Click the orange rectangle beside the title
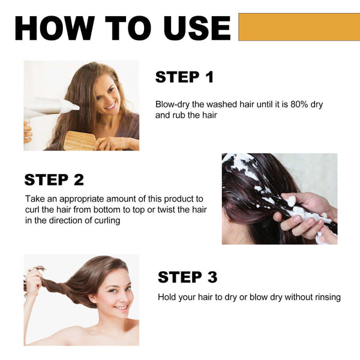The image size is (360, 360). (x=299, y=27)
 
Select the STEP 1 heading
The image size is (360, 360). (x=184, y=77)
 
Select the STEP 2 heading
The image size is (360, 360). (x=54, y=179)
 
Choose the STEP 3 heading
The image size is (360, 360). (x=187, y=277)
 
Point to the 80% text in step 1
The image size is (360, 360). (x=287, y=104)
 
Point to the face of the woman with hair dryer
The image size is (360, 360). (x=106, y=95)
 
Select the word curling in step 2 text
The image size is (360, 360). (x=104, y=220)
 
